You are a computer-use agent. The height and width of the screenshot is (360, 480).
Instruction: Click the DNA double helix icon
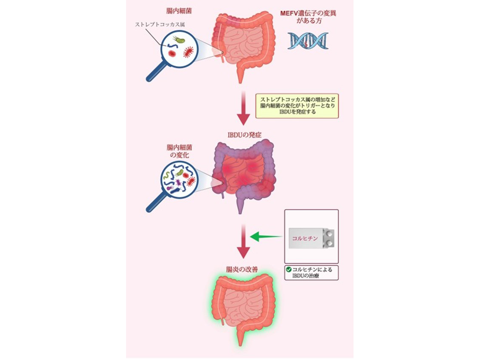coord(308,41)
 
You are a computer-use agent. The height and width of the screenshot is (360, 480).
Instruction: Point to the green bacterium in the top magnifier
coord(180,40)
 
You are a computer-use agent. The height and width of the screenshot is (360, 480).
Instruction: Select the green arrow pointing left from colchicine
coord(267,236)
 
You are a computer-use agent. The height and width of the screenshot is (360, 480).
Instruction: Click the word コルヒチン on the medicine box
coord(305,239)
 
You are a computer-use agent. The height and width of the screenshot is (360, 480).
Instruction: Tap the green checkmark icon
coord(289,269)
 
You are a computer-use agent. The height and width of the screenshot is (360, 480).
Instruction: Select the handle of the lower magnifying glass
coord(154,205)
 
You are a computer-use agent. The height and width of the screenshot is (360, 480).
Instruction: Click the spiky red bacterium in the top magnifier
coord(188,52)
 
